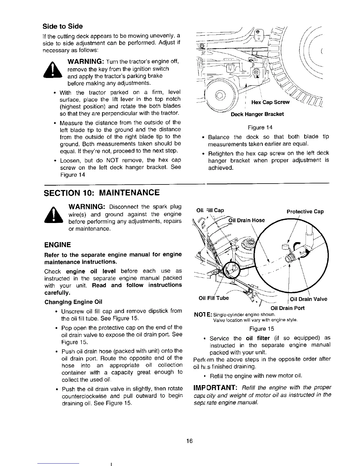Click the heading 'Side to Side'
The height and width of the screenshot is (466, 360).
63,26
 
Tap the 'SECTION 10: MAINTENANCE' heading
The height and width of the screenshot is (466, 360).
102,193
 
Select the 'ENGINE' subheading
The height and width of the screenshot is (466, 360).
58,245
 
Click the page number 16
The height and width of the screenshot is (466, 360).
189,441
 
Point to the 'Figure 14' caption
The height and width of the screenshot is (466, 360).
260,127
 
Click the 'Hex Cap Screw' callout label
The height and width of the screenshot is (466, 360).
270,102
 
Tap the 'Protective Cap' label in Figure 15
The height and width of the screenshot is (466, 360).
305,212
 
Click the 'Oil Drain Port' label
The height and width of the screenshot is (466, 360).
287,308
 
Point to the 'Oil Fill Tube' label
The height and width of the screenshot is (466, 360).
214,298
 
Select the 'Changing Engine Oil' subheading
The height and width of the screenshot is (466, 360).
73,302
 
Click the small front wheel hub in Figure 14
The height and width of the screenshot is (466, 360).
220,96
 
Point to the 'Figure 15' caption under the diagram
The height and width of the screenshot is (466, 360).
261,329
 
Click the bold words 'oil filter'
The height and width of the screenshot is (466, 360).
258,338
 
